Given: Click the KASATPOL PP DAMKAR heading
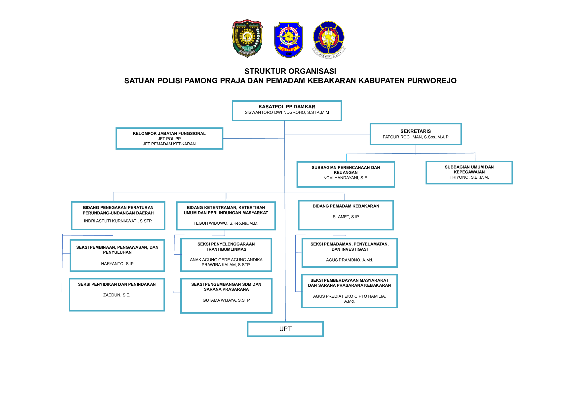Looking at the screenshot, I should click(287, 107).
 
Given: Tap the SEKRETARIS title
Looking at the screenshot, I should click(416, 131).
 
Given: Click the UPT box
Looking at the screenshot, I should click(285, 329).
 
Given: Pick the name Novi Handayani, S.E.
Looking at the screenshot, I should click(346, 178).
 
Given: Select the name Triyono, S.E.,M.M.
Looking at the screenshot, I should click(469, 177).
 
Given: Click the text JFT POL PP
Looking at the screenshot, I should click(169, 139).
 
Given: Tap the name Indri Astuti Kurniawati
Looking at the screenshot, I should click(118, 221).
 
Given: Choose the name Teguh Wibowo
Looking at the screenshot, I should click(226, 223).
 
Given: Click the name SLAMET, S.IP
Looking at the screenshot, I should click(346, 217).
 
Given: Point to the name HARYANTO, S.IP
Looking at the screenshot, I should click(117, 264).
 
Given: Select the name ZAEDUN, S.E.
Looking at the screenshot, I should click(117, 295).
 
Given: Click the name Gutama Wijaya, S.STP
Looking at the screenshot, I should click(226, 300).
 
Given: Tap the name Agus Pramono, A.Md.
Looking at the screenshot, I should click(349, 260).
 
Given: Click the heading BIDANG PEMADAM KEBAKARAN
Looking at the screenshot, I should click(346, 206).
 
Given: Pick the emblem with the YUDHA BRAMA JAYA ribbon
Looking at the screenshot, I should click(328, 40).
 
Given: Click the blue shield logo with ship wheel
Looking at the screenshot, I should click(288, 40).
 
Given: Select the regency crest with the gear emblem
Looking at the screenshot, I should click(247, 39).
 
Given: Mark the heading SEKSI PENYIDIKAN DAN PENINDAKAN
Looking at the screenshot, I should click(117, 285).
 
